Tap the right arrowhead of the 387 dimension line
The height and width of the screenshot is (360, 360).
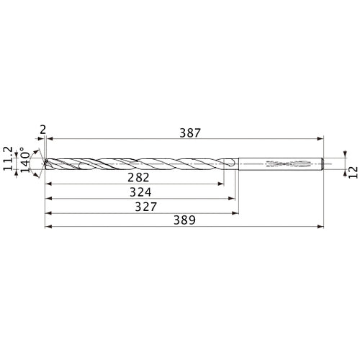click(320, 139)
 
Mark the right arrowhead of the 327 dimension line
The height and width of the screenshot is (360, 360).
click(236, 213)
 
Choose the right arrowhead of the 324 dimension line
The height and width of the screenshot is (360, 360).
click(233, 199)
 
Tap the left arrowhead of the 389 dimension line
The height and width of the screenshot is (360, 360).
click(48, 227)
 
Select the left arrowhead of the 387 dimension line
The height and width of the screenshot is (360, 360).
click(51, 139)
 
